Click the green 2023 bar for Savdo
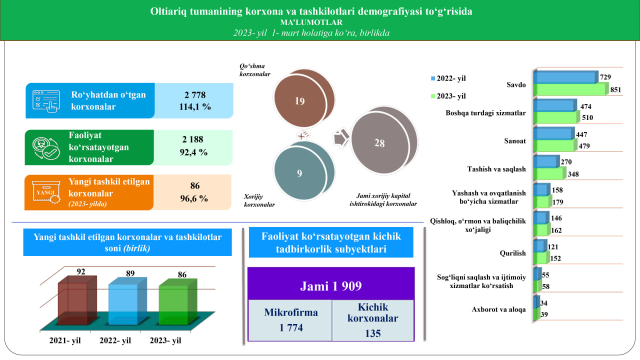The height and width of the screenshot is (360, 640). click(570, 89)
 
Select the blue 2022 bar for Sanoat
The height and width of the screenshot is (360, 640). click(552, 134)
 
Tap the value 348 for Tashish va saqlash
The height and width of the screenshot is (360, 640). click(574, 174)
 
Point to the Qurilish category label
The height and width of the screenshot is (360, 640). click(513, 253)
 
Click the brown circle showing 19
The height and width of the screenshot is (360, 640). click(299, 101)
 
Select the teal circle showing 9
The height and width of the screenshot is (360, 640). click(299, 174)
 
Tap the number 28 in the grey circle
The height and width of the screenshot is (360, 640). click(379, 143)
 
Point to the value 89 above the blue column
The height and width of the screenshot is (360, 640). click(130, 273)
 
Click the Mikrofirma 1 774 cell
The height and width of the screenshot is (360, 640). click(290, 320)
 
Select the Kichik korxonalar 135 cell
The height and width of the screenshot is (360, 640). click(373, 320)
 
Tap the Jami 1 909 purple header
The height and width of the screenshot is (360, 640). click(331, 286)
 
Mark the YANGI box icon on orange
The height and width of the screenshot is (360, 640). click(45, 192)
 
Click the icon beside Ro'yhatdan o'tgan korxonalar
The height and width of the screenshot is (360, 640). click(45, 100)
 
